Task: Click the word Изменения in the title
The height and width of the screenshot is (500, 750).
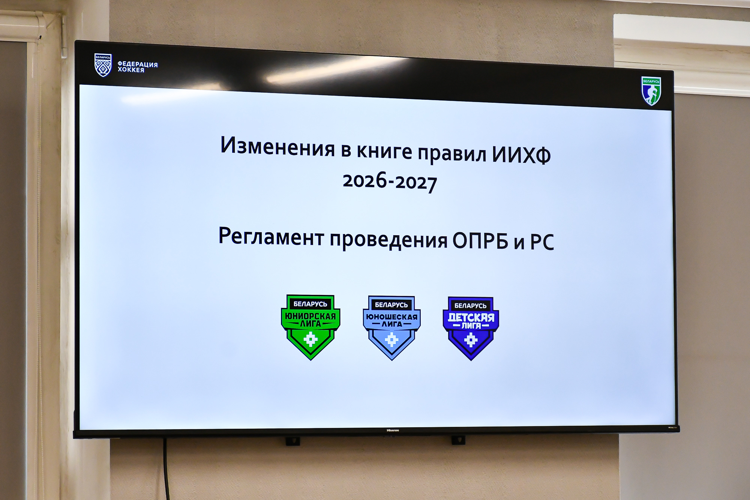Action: pyautogui.click(x=277, y=146)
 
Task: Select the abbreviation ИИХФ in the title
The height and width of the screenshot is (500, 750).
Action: pyautogui.click(x=521, y=154)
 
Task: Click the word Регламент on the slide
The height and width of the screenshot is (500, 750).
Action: pyautogui.click(x=271, y=236)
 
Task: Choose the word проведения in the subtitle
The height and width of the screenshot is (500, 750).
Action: pyautogui.click(x=388, y=240)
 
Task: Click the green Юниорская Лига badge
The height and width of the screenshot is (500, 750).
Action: pyautogui.click(x=310, y=327)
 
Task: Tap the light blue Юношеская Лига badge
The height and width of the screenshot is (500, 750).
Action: pyautogui.click(x=391, y=328)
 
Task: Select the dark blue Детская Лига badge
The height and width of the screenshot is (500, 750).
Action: pyautogui.click(x=471, y=329)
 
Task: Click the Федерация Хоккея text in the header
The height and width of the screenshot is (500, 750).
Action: pyautogui.click(x=138, y=67)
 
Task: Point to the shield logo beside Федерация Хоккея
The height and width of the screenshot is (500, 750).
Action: pyautogui.click(x=103, y=65)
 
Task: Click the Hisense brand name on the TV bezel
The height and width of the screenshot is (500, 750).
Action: pyautogui.click(x=393, y=430)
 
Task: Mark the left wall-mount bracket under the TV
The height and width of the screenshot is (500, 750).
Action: pyautogui.click(x=293, y=441)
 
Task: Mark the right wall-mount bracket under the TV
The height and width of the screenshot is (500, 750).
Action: pyautogui.click(x=458, y=440)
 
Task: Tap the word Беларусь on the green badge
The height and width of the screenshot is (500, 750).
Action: pyautogui.click(x=310, y=304)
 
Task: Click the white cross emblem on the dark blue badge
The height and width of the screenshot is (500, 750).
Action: pyautogui.click(x=471, y=340)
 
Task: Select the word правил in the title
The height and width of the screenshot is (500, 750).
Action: pyautogui.click(x=452, y=153)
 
